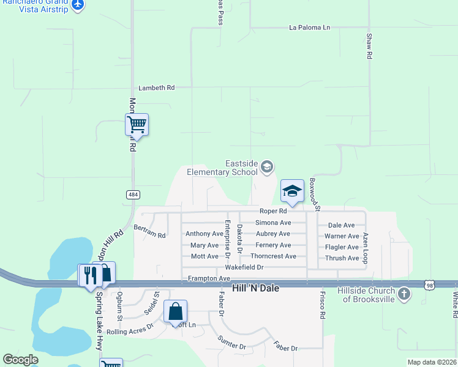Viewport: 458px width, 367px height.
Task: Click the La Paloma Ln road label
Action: pos(309,28)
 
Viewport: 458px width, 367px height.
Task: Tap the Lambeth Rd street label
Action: pos(156,88)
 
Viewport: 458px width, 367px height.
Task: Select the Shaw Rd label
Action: pos(369,46)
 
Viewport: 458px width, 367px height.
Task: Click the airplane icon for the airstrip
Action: pos(78,5)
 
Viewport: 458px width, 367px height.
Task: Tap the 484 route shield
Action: pos(133,195)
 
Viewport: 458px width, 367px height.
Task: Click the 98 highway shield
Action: pos(431,284)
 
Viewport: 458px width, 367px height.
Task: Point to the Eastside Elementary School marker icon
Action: pos(266,166)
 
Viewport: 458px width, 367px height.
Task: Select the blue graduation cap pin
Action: pos(292,191)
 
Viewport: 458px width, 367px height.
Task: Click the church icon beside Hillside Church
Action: pos(404,294)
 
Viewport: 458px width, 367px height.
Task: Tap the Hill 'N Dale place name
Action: pos(255,287)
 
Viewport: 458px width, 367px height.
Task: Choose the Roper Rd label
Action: pos(273,211)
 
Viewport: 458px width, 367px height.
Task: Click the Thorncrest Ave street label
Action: pos(273,256)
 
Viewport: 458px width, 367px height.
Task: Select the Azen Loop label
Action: pos(366,248)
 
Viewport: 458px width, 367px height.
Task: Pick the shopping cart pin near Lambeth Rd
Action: pos(137,125)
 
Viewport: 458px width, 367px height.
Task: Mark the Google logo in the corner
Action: pos(20,360)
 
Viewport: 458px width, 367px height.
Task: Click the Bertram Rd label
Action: pos(150,235)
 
